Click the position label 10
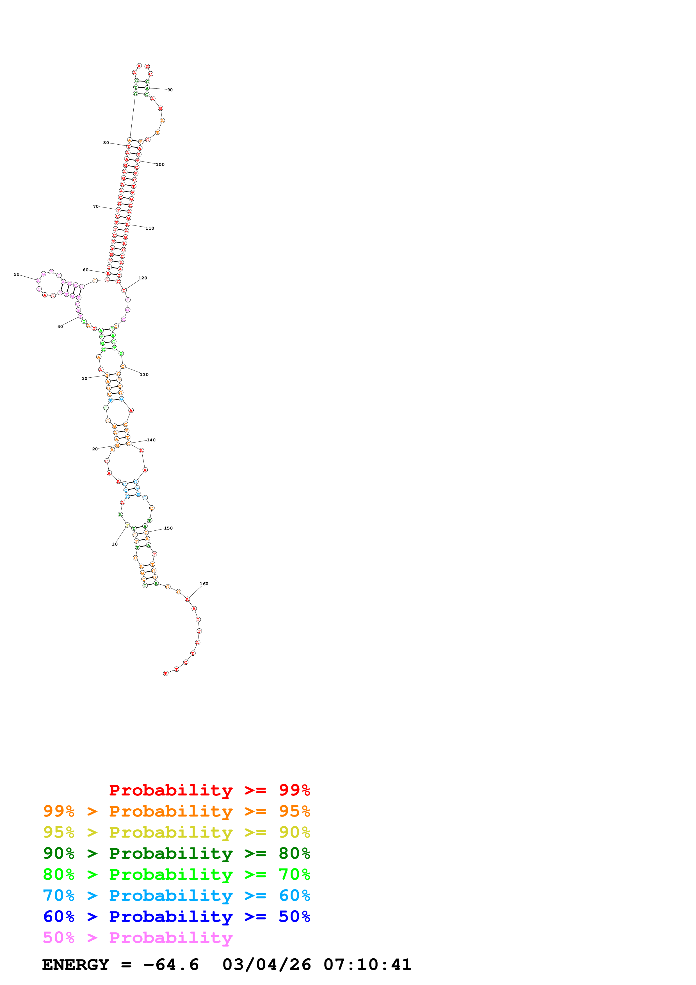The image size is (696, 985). (115, 544)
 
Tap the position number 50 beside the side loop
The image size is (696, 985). (16, 274)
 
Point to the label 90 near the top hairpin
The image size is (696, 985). (170, 90)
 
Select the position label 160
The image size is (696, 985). (204, 583)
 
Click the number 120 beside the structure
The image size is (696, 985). (143, 278)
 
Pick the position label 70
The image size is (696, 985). (96, 206)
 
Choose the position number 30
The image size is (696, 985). (85, 379)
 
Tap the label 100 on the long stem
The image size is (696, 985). (160, 164)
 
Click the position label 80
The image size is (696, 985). (106, 142)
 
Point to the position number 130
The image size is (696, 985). (144, 375)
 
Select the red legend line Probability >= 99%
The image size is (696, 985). (209, 790)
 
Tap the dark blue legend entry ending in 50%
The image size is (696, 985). (176, 916)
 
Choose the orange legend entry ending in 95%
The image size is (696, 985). (176, 811)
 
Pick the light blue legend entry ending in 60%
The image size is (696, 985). (176, 895)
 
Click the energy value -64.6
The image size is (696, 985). (171, 965)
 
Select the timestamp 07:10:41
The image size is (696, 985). (368, 965)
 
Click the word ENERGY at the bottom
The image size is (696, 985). (76, 965)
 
